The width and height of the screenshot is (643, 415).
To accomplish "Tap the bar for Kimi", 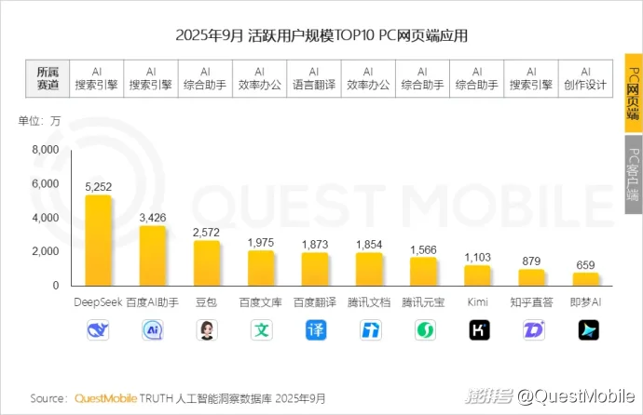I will click(x=477, y=275).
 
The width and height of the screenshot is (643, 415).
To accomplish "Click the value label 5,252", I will click(x=98, y=187).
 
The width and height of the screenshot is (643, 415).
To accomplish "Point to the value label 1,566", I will click(x=423, y=249).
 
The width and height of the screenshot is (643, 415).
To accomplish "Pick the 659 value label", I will click(x=585, y=265).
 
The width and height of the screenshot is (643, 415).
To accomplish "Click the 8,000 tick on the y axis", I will click(x=45, y=150).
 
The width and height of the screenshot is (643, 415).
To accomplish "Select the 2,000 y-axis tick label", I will click(x=45, y=251).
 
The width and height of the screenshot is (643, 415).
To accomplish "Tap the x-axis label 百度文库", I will click(x=261, y=303).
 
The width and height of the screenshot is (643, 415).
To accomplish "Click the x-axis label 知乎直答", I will click(x=531, y=303).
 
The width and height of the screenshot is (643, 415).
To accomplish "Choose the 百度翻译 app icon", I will click(x=315, y=329).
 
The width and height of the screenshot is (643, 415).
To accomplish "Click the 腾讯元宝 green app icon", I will click(x=423, y=329).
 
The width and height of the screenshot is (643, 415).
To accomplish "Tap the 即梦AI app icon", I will click(x=585, y=329).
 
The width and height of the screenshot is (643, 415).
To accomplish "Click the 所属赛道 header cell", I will click(x=48, y=78).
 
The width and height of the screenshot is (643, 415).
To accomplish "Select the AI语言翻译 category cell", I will click(x=314, y=78).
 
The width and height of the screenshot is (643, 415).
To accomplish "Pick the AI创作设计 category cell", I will click(x=585, y=78).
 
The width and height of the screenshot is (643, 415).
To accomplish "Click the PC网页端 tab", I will click(x=633, y=93).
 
